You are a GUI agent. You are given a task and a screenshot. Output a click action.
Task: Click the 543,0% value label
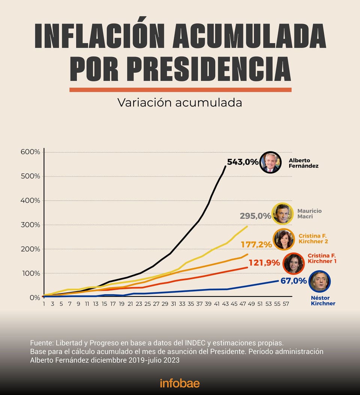click(243, 162)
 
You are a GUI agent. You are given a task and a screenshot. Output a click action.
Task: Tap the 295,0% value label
click(255, 216)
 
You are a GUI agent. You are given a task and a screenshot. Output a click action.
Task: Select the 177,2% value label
click(256, 244)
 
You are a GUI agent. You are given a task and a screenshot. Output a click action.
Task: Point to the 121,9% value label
click(264, 263)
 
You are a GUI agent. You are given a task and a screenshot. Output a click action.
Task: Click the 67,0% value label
click(293, 281)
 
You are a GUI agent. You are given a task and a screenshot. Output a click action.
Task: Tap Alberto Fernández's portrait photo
click(270, 163)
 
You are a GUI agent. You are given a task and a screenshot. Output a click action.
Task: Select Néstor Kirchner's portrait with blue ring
click(319, 281)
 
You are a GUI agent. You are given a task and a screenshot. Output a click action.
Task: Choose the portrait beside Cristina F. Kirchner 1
click(294, 263)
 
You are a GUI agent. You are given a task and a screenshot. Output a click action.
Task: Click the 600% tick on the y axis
click(30, 152)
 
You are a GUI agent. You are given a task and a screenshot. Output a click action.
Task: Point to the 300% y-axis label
click(30, 225)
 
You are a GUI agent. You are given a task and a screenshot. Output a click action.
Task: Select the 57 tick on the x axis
click(286, 304)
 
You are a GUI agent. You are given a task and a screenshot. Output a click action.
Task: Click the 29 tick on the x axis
click(165, 304)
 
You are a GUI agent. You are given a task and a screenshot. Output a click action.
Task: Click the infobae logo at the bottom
click(180, 383)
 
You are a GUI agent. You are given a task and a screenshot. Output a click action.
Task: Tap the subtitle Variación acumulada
click(180, 102)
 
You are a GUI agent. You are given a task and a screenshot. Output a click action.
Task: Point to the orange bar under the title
click(180, 90)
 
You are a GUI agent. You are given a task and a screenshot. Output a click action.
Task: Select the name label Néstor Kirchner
click(323, 301)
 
